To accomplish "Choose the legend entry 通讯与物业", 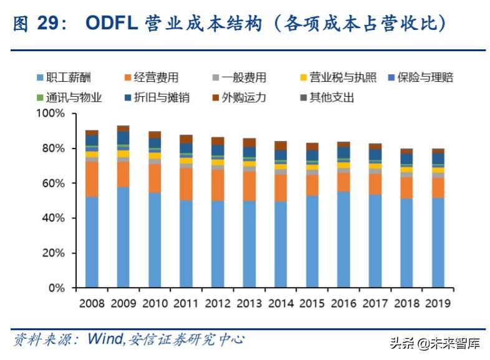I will click(x=69, y=97).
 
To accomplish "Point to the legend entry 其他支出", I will click(x=331, y=97).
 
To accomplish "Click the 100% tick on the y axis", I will click(x=51, y=114).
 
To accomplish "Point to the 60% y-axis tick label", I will click(x=54, y=183).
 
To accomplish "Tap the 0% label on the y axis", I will click(x=57, y=288).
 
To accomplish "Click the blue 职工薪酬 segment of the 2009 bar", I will click(x=123, y=237).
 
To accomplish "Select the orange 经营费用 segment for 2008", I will click(x=92, y=179).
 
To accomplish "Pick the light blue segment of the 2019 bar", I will click(x=438, y=243).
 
